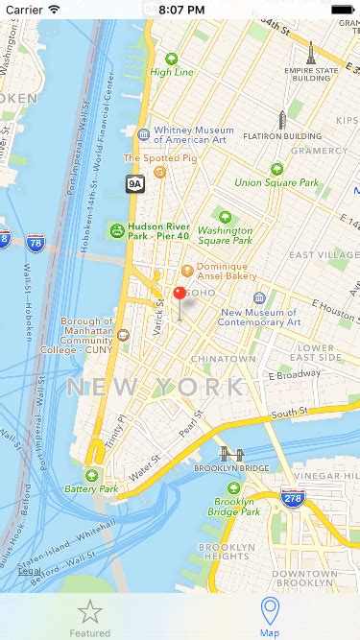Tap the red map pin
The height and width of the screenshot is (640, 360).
[179, 295]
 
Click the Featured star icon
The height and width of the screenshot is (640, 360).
[89, 610]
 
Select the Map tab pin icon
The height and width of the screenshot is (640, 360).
[271, 610]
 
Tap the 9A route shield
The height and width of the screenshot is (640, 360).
[134, 183]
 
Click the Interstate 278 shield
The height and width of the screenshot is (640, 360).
[293, 499]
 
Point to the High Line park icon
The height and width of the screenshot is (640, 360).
[172, 59]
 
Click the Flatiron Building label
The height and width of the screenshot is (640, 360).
[282, 137]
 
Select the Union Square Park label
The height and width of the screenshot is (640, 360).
[276, 182]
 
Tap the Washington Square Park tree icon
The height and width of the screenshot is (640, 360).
[226, 216]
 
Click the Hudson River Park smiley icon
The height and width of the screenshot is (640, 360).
[116, 230]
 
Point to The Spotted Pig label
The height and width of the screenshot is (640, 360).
[147, 158]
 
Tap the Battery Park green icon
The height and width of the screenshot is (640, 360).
[92, 476]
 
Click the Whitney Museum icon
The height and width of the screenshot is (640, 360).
[144, 135]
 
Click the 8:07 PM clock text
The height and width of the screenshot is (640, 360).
[180, 9]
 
